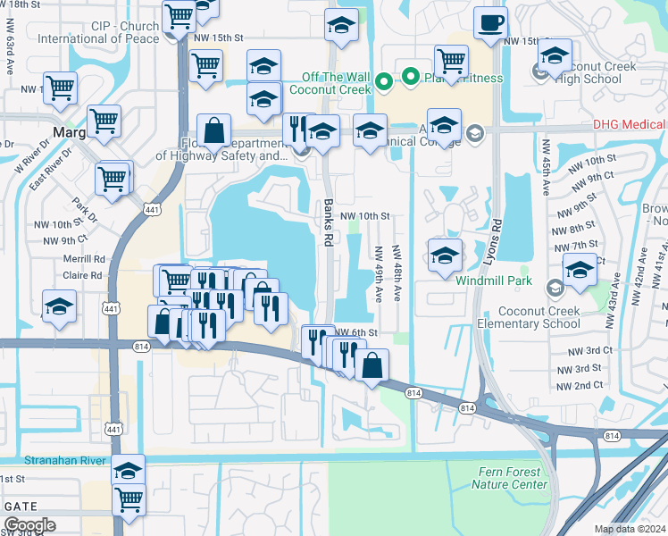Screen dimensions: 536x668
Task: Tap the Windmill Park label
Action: tap(494, 281)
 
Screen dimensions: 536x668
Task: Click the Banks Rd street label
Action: tap(329, 212)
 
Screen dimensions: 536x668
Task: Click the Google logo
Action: tap(29, 525)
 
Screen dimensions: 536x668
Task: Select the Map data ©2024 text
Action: tap(629, 529)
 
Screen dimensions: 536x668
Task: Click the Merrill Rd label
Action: tap(86, 259)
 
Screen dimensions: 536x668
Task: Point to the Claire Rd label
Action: tap(84, 276)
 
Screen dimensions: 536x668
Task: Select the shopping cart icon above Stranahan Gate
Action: tap(129, 500)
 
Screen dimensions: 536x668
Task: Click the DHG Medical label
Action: tap(630, 125)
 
